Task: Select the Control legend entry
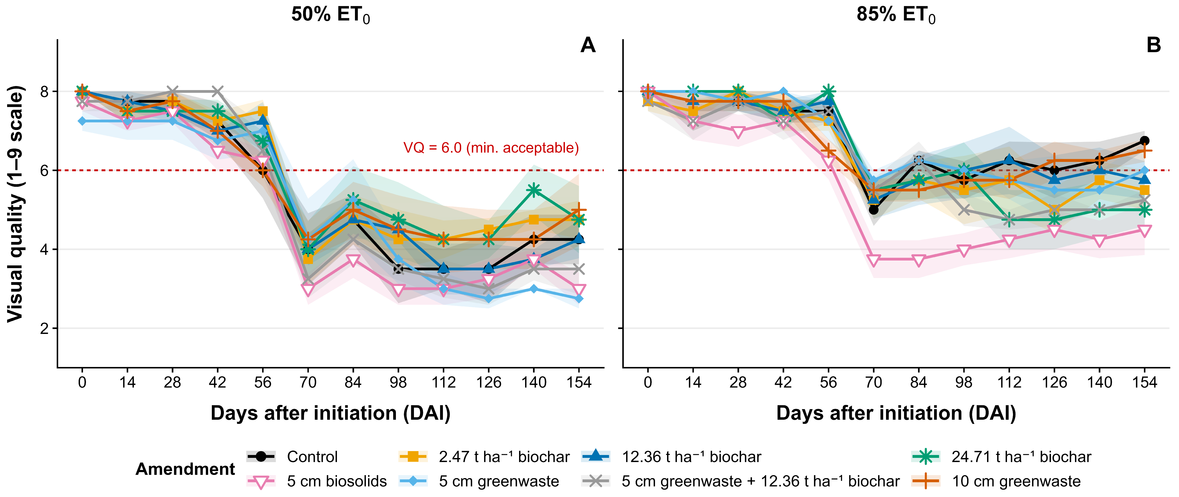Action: coord(292,457)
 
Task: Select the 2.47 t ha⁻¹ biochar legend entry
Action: coord(484,457)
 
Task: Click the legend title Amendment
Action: coord(185,469)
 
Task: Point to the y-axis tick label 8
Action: coord(45,91)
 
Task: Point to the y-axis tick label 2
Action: coord(45,329)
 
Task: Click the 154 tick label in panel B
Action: coord(1144,382)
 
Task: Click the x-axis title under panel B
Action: coord(896,413)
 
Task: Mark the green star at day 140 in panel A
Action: coord(534,190)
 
